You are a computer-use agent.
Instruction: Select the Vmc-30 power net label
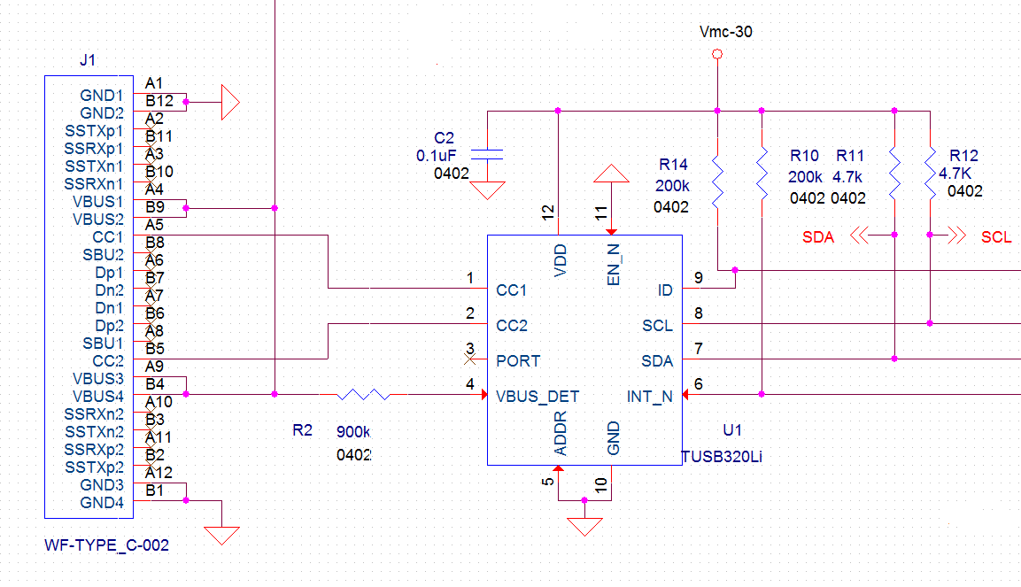(725, 32)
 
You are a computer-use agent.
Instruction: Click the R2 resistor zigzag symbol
(364, 394)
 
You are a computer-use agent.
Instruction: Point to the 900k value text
(353, 432)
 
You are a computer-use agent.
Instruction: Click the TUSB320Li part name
(722, 456)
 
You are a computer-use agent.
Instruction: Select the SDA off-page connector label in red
(817, 237)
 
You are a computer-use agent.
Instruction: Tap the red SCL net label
(996, 237)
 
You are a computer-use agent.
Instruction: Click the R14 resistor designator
(673, 165)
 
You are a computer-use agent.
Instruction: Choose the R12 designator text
(964, 155)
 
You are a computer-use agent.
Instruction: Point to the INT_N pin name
(650, 396)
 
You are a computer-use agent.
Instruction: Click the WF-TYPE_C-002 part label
(106, 545)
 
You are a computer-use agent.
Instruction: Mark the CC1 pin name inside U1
(512, 290)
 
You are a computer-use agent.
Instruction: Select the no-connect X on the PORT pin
(471, 359)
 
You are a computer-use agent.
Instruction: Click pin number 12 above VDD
(548, 212)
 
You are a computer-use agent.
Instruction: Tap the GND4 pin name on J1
(102, 502)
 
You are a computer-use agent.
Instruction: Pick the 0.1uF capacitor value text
(437, 155)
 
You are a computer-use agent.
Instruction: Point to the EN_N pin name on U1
(613, 263)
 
